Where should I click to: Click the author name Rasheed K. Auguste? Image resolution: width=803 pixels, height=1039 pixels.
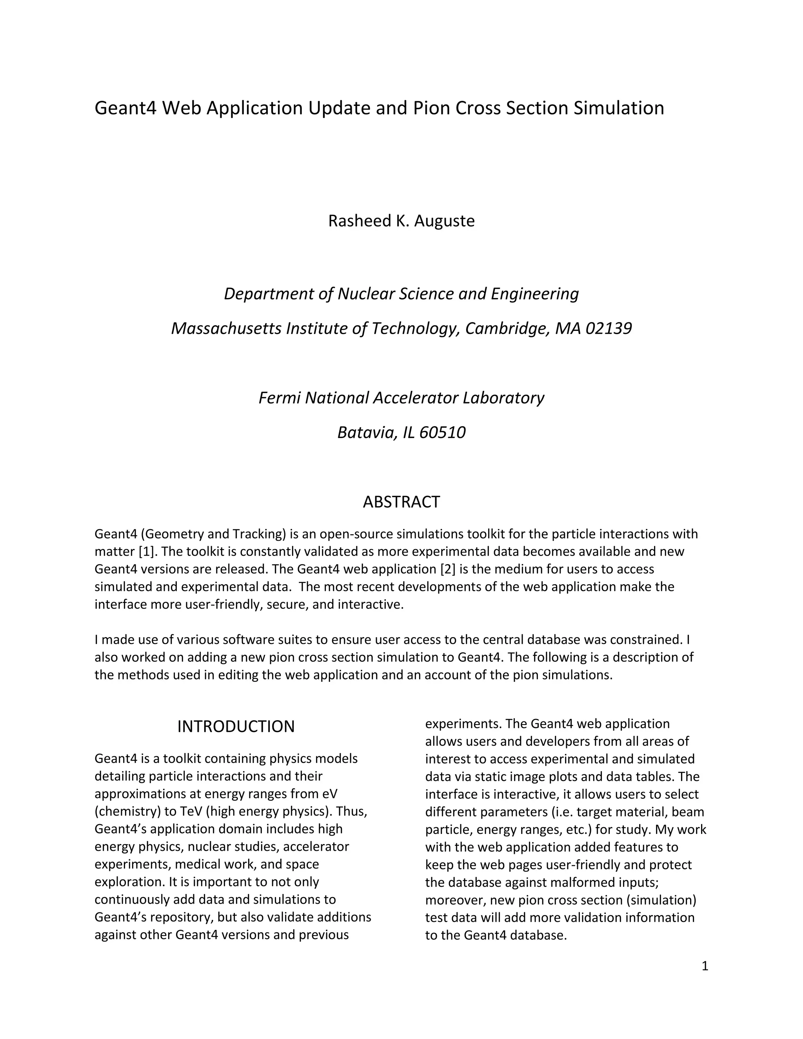coord(401,221)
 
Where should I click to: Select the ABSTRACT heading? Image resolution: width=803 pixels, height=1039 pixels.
coord(401,502)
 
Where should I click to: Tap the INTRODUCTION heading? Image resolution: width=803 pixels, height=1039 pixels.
coord(236,727)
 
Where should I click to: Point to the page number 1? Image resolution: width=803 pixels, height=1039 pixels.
coord(705,966)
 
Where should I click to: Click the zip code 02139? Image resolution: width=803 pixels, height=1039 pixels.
coord(609,328)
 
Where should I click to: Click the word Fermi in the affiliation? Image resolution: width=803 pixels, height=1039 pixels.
coord(279,398)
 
